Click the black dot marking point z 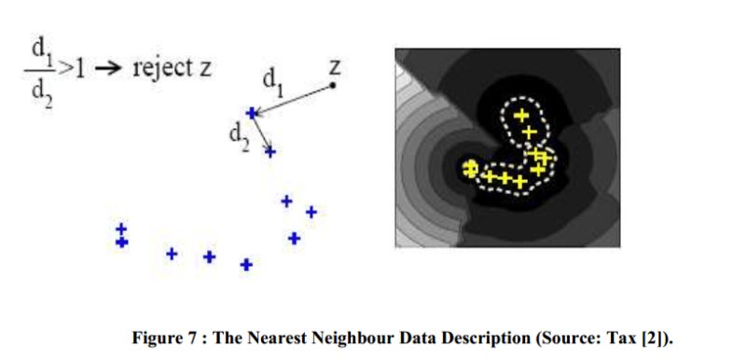[x=333, y=85]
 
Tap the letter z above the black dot [x=335, y=68]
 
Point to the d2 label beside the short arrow [x=239, y=138]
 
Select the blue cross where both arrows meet [x=252, y=113]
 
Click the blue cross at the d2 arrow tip [x=270, y=152]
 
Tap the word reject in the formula [x=160, y=69]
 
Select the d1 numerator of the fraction [x=41, y=52]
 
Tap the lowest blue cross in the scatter [x=246, y=265]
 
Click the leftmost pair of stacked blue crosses [x=122, y=236]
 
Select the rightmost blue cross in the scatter [x=311, y=212]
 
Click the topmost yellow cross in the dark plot [x=521, y=115]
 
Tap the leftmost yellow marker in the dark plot [x=470, y=169]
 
